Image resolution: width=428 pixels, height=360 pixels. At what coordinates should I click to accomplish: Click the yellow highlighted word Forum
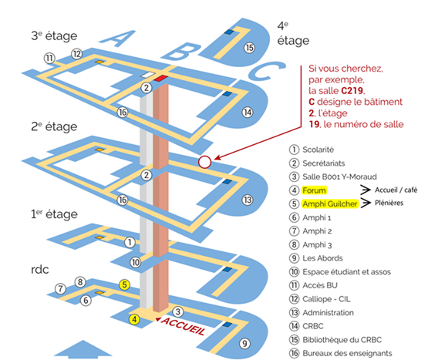pos(315,190)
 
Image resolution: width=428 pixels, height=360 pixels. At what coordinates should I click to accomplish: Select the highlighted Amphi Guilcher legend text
pos(329,204)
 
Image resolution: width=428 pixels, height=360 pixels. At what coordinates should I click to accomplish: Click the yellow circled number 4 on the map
pos(135,318)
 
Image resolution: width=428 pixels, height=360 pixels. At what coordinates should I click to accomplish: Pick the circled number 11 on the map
pos(49,58)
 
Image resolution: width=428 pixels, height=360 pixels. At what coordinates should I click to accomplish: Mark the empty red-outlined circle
pos(204,162)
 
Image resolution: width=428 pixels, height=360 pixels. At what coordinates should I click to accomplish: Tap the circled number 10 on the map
pos(136,261)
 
